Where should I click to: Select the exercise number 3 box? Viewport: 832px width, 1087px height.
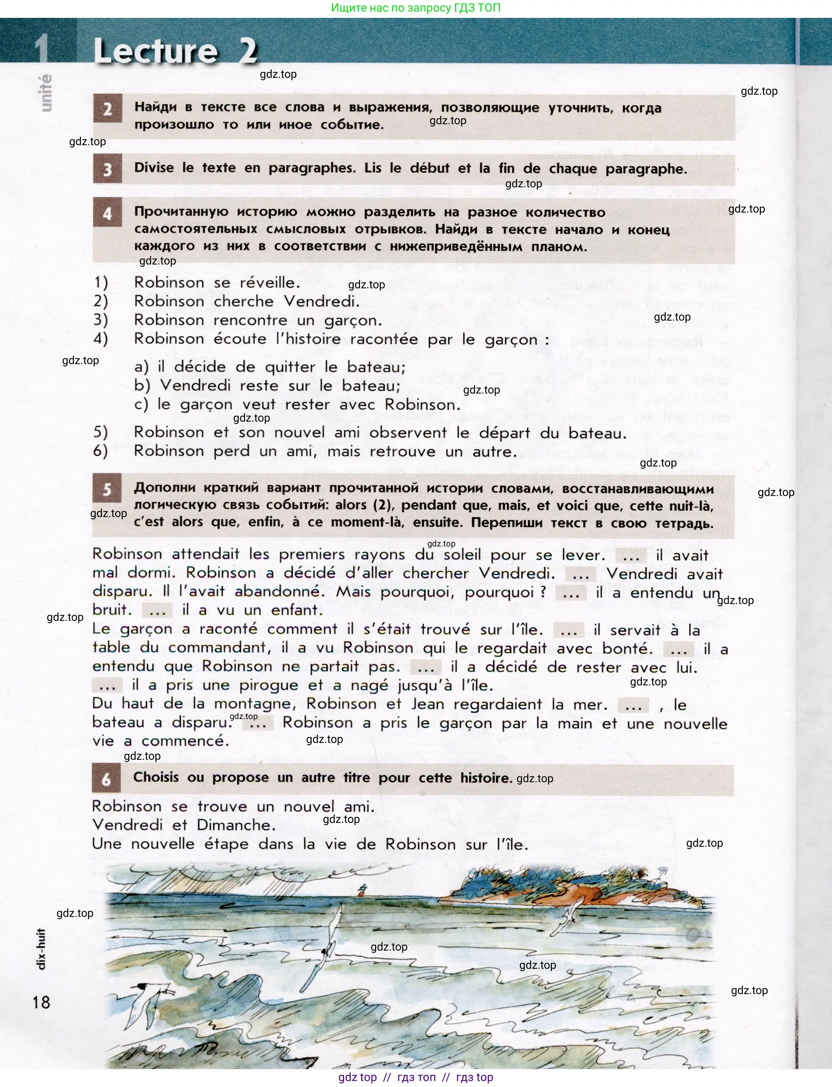[108, 169]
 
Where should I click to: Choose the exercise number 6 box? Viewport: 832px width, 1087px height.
[107, 779]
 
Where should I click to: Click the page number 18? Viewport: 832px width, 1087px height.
[42, 1002]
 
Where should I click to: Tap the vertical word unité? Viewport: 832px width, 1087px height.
[45, 93]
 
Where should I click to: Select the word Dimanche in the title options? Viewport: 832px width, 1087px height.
[235, 825]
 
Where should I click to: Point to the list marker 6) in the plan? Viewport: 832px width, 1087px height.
[101, 451]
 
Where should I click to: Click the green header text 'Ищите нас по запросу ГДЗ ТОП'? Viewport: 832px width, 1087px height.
[415, 8]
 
